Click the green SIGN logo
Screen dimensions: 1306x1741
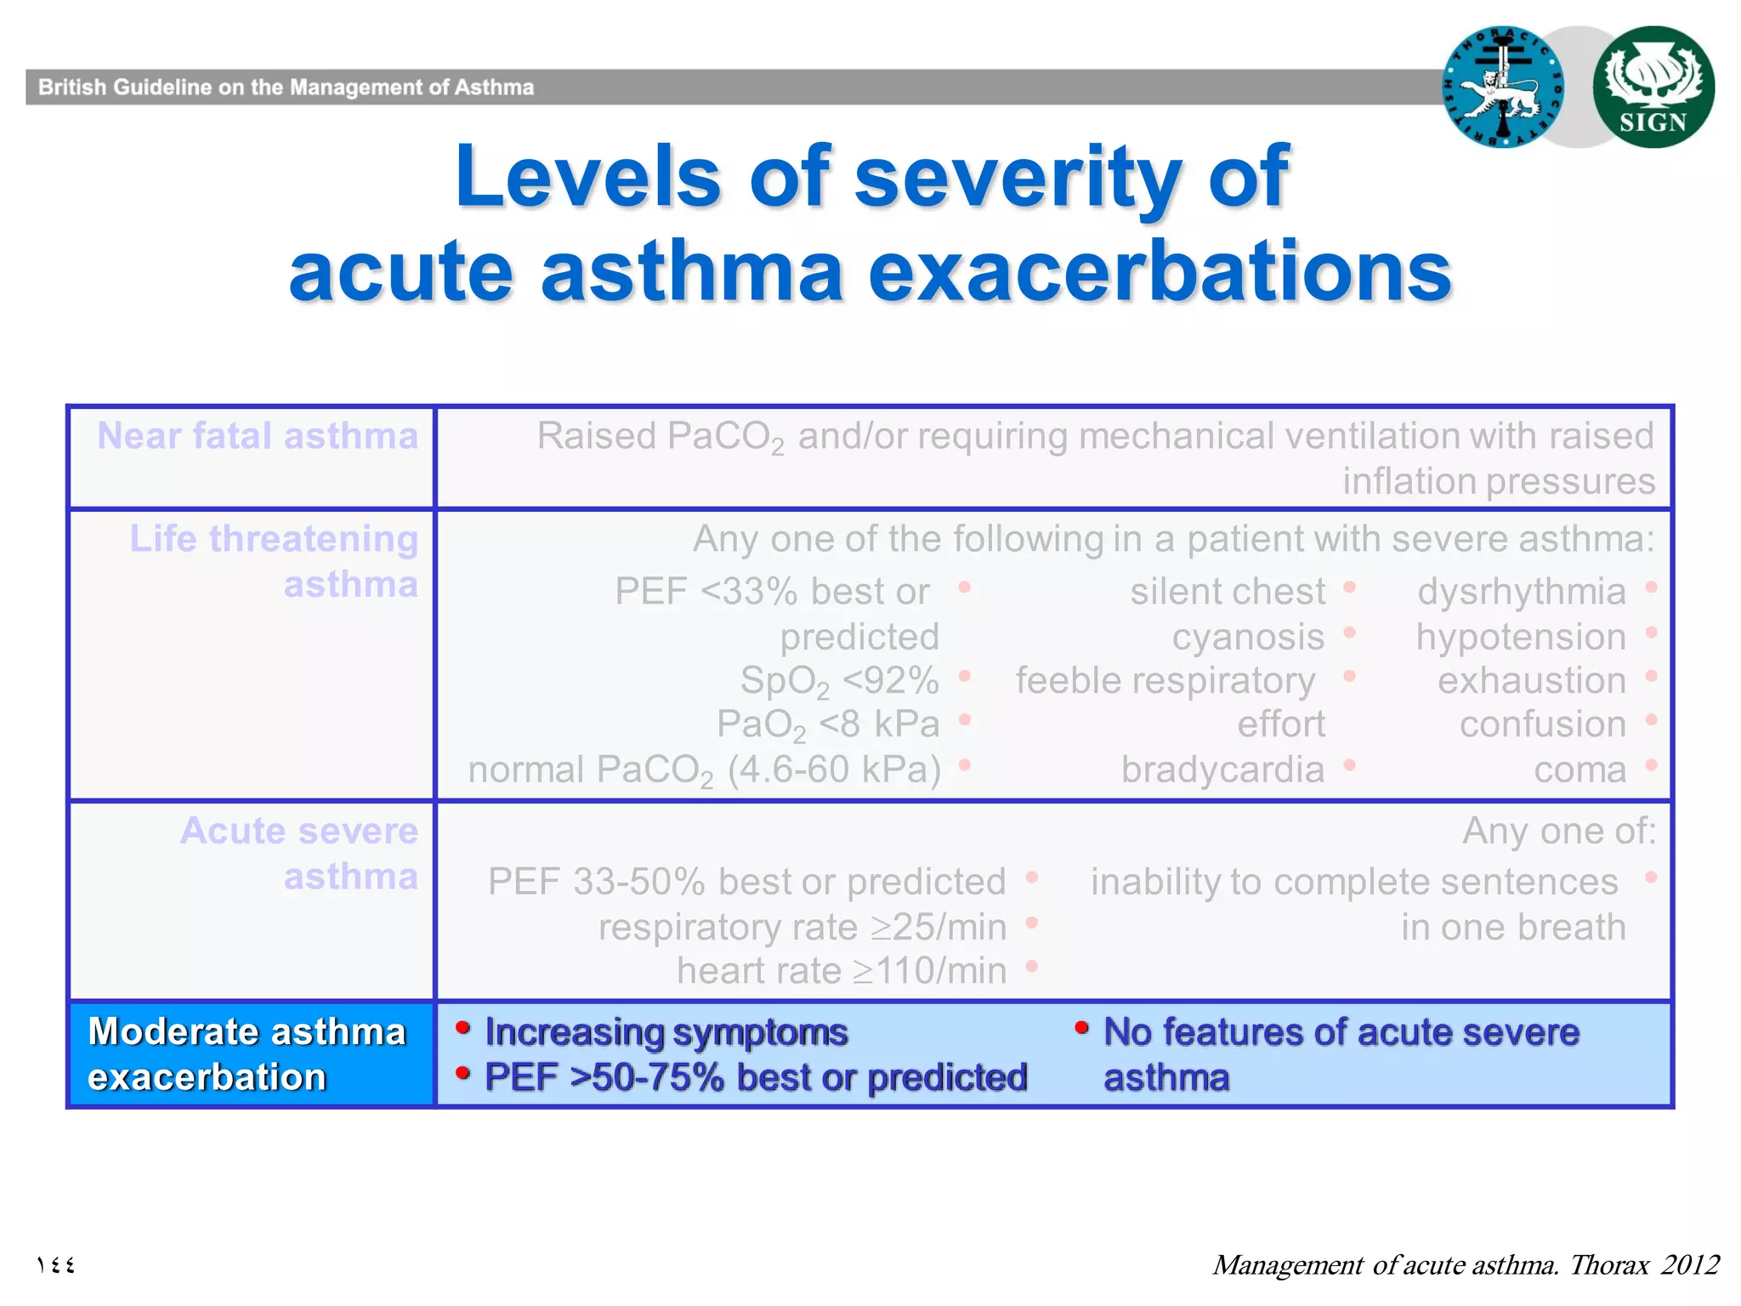(x=1653, y=87)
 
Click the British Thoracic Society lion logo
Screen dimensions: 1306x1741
(x=1503, y=87)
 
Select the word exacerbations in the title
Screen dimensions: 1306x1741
(x=1160, y=272)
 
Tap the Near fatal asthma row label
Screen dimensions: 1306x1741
(x=257, y=436)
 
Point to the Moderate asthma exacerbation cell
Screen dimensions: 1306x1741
(x=248, y=1054)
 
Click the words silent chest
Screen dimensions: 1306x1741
(x=1227, y=592)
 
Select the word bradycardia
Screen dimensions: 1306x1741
(x=1222, y=769)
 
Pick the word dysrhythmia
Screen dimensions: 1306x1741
(x=1521, y=592)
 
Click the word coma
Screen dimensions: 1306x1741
(x=1579, y=769)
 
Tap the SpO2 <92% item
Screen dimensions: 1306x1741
(x=839, y=681)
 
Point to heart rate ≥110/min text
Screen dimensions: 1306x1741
(x=842, y=971)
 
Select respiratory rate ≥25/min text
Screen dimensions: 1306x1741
(x=802, y=927)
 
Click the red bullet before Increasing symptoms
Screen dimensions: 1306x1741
(x=463, y=1029)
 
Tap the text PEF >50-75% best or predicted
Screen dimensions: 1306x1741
(x=756, y=1077)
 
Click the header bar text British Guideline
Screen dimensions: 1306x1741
(x=286, y=88)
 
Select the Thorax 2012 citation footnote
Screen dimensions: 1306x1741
(x=1465, y=1264)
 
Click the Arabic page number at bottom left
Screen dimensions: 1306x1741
(x=56, y=1265)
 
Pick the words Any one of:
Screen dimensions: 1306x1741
(x=1558, y=831)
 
